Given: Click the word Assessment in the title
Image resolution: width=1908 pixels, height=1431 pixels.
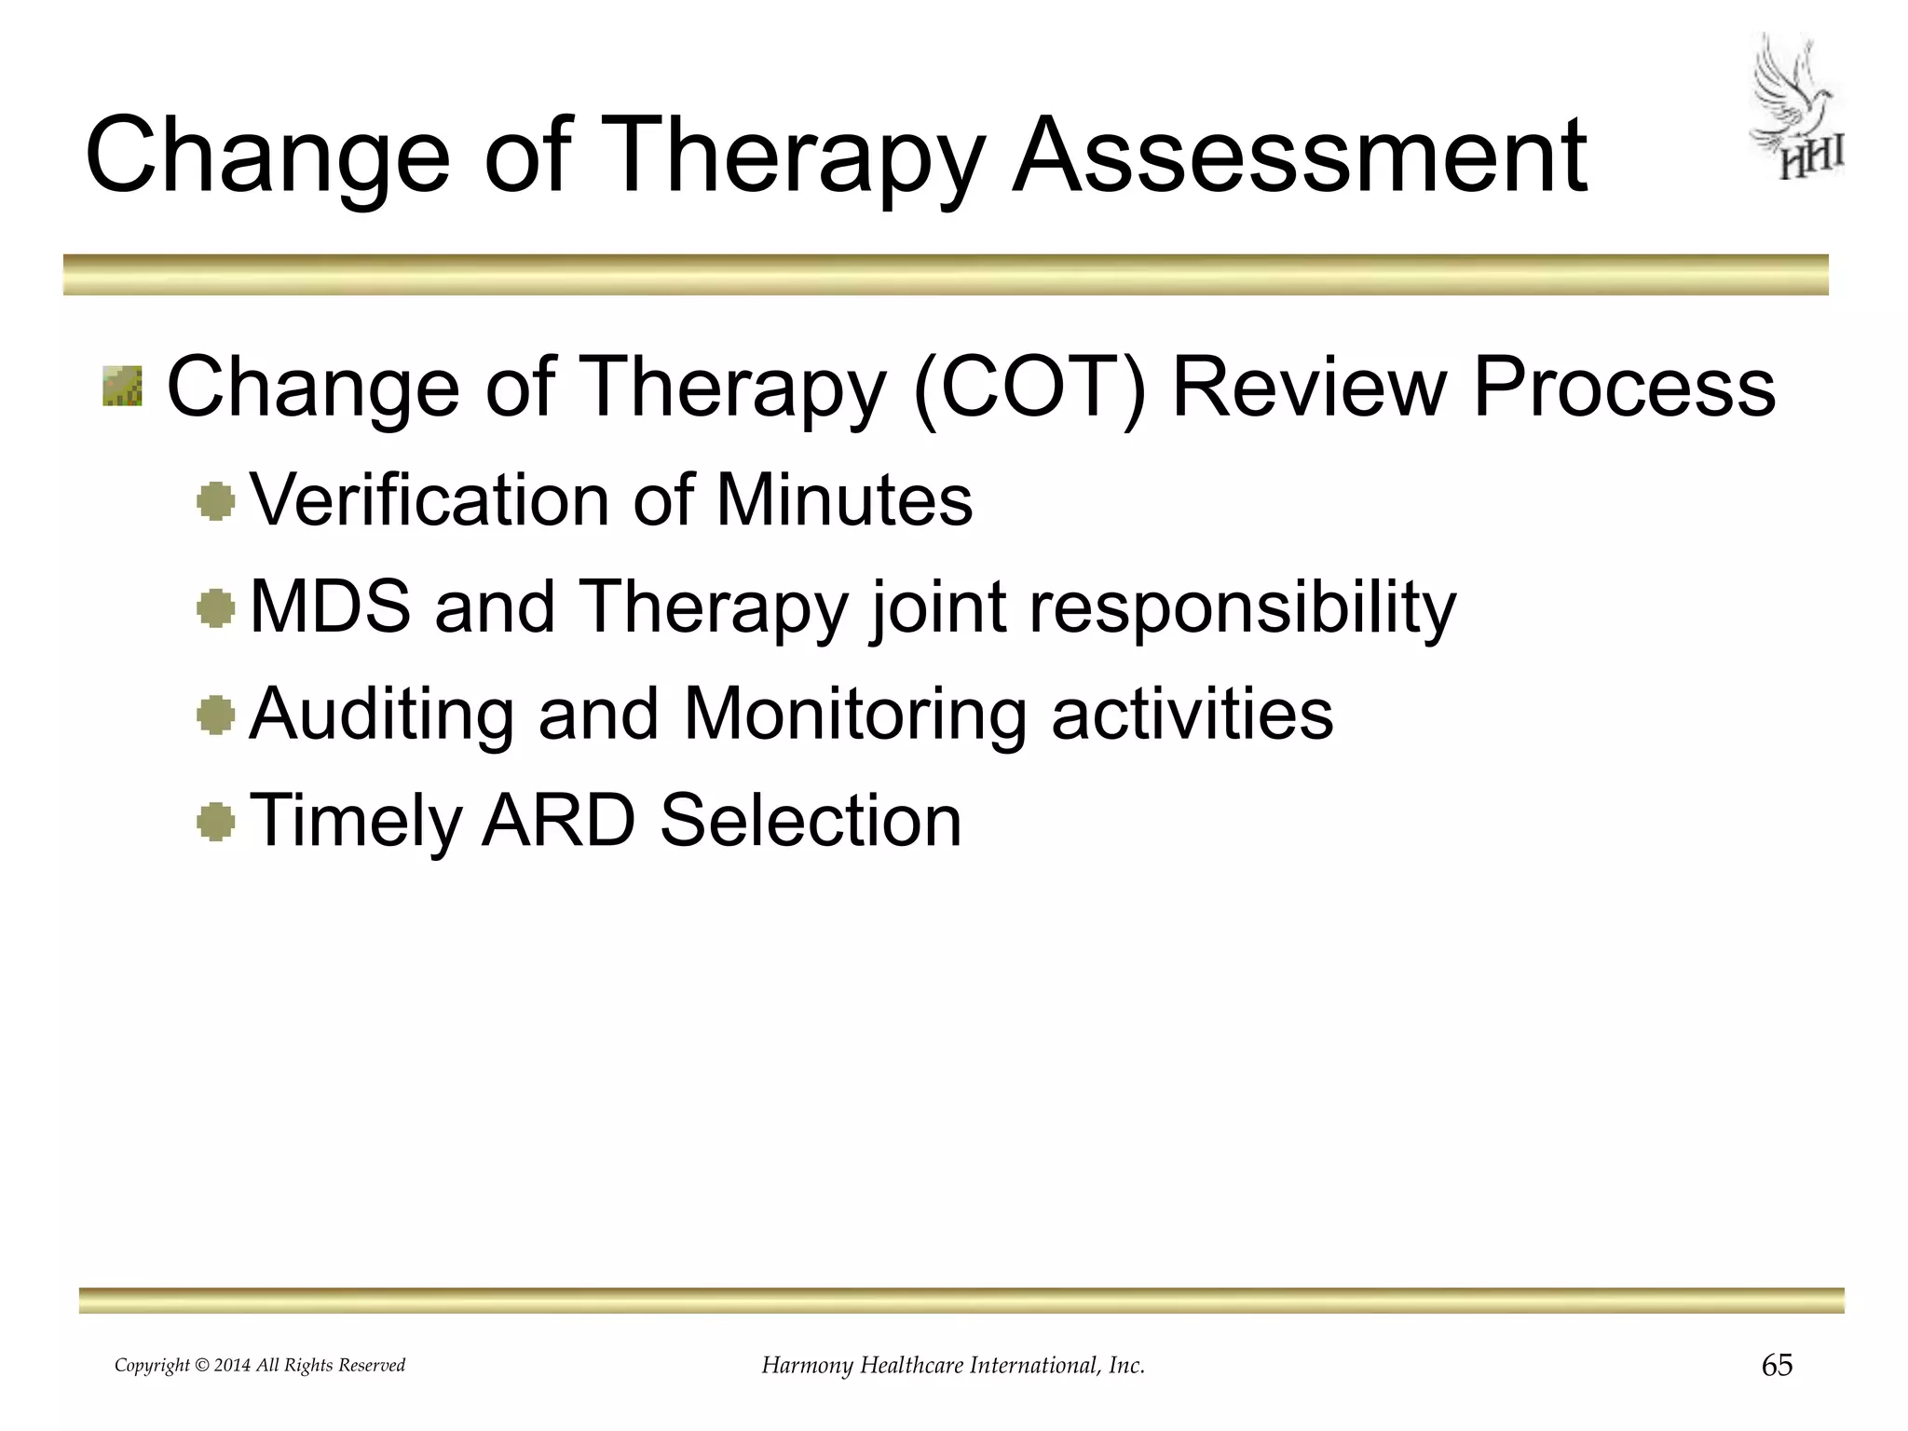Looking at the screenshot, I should coord(1300,157).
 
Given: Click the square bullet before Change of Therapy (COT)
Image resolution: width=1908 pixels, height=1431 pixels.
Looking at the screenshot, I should coord(122,387).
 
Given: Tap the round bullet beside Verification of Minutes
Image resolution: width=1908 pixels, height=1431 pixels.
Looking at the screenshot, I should coord(216,502).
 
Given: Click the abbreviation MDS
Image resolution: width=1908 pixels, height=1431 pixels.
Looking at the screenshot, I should coord(330,607).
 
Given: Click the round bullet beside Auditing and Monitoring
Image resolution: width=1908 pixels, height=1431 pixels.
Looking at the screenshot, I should coord(216,716).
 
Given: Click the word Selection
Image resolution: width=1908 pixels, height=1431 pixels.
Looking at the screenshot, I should coord(811,821).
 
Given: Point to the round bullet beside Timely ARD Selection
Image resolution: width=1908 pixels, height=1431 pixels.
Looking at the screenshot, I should coord(216,822).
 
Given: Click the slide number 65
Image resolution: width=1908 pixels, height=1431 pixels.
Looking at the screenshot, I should coord(1777,1366).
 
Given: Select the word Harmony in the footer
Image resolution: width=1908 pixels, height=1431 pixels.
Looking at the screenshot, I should coord(807,1367).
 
